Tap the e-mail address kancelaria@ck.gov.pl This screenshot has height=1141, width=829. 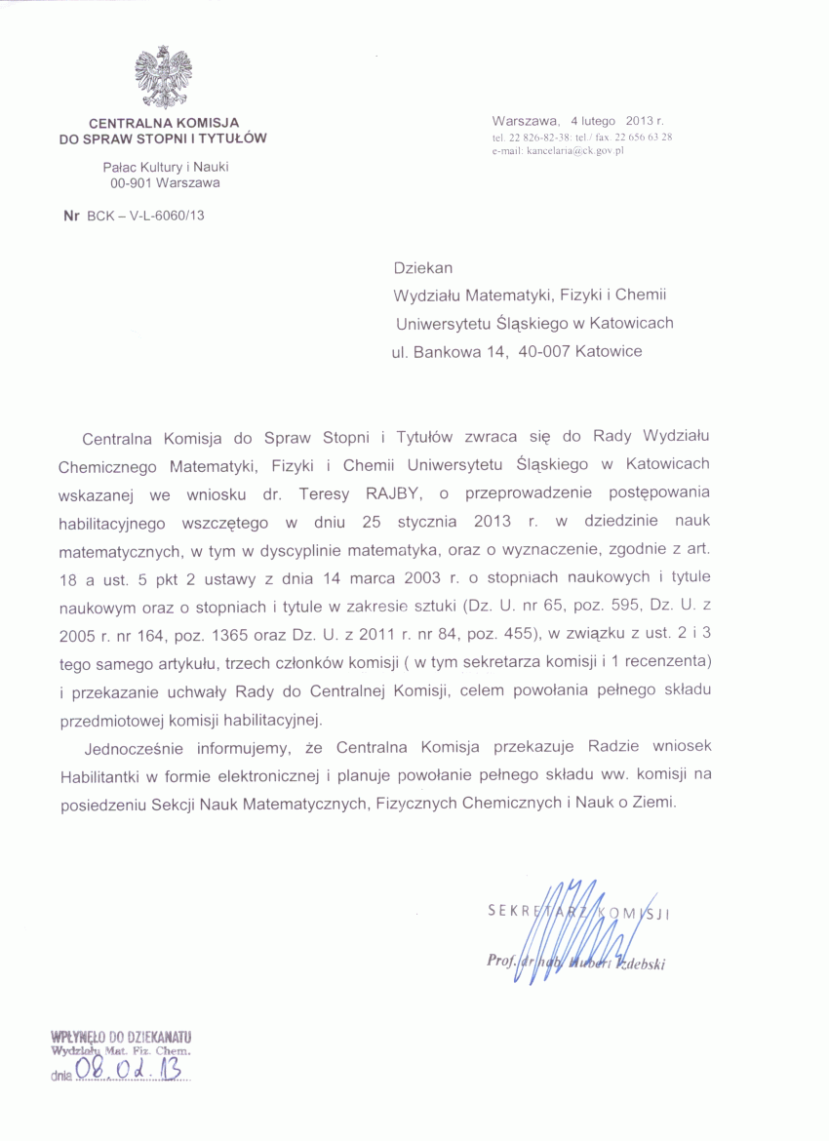[558, 151]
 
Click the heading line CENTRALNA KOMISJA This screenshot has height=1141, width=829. [164, 123]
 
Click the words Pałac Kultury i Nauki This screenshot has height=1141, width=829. [165, 167]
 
